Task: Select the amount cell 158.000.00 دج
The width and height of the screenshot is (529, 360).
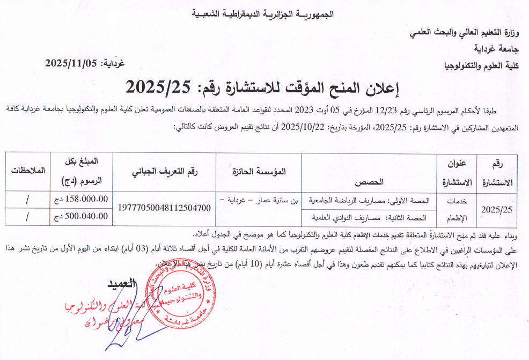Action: coord(79,199)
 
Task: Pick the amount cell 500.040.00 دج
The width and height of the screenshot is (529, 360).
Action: coord(79,216)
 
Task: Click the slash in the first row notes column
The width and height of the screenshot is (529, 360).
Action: coord(26,199)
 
